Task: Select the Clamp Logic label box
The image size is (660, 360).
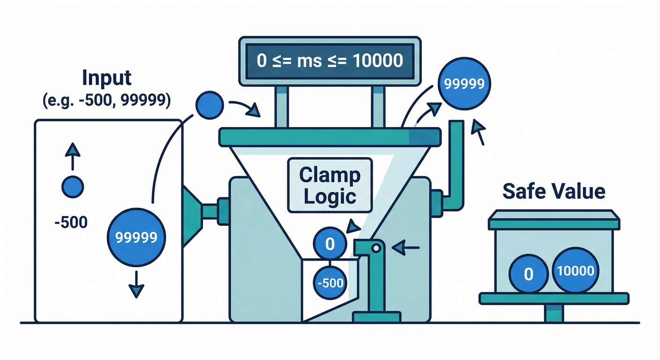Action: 330,186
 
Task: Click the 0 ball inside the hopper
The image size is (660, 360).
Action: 330,244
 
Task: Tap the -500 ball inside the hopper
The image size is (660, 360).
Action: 330,283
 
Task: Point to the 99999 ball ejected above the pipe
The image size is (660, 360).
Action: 464,84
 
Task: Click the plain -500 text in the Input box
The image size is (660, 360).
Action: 71,222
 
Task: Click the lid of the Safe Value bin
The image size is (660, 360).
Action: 554,220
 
